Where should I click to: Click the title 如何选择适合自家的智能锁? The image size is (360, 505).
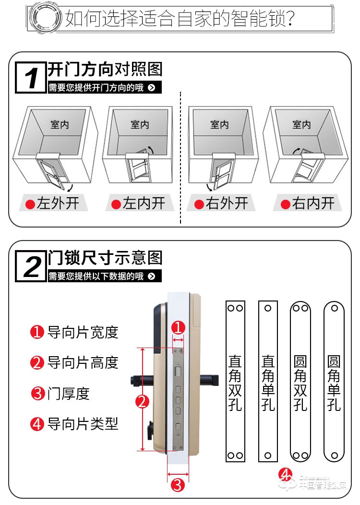click(180, 19)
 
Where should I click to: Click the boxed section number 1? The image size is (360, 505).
click(31, 77)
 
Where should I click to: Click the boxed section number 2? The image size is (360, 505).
click(31, 266)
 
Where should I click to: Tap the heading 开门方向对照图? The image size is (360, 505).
click(105, 70)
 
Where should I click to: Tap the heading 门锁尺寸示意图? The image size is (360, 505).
click(105, 258)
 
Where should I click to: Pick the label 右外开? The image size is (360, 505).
click(221, 204)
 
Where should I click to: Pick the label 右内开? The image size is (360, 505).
click(307, 204)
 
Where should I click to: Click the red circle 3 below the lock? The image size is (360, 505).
click(178, 485)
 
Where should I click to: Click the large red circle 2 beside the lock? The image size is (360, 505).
click(142, 401)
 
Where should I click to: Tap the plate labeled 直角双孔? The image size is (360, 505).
click(235, 382)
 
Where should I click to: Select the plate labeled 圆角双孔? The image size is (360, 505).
click(300, 382)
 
